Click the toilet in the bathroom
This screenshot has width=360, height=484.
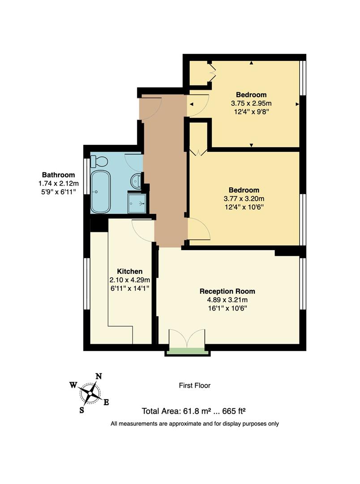point(99,161)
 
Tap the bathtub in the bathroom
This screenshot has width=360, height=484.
point(100,191)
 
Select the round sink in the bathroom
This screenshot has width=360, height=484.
point(137,181)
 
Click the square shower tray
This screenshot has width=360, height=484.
point(137,203)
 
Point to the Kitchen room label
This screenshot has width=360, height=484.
point(130,272)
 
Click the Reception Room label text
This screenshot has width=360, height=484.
point(227,291)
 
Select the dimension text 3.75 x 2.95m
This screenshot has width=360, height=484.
point(251,103)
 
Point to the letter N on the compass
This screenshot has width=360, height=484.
point(99,376)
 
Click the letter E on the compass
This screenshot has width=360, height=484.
point(106,402)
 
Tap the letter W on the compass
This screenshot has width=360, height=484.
point(73,385)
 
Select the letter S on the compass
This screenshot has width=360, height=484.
point(82,410)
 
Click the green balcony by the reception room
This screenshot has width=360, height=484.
point(188,352)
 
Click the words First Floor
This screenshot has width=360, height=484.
point(194,385)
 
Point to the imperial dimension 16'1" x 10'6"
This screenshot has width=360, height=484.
point(227,308)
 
